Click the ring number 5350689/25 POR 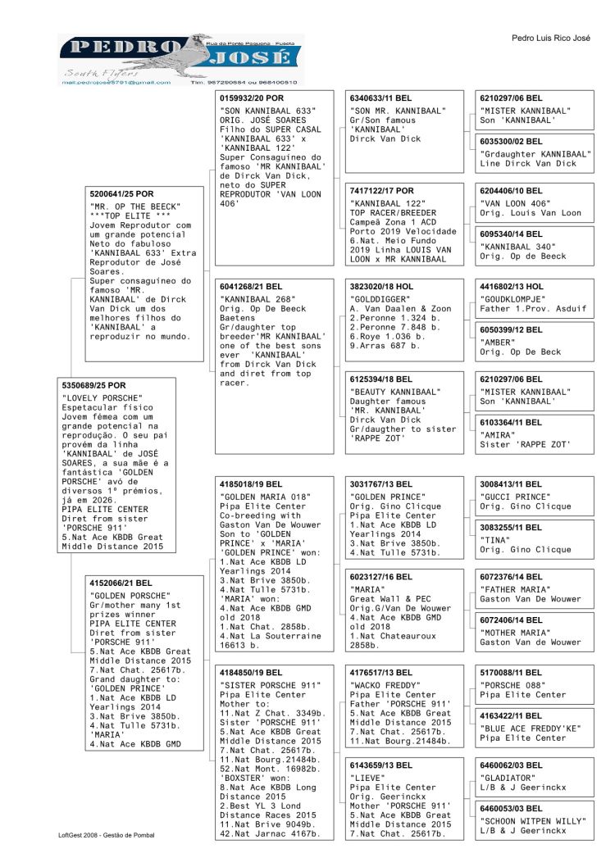(94, 385)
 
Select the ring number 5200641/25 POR (121, 194)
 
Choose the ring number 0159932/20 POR (251, 98)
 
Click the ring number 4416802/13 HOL (512, 287)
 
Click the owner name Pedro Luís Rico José (550, 39)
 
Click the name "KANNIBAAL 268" (255, 298)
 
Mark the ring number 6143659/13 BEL (382, 765)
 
